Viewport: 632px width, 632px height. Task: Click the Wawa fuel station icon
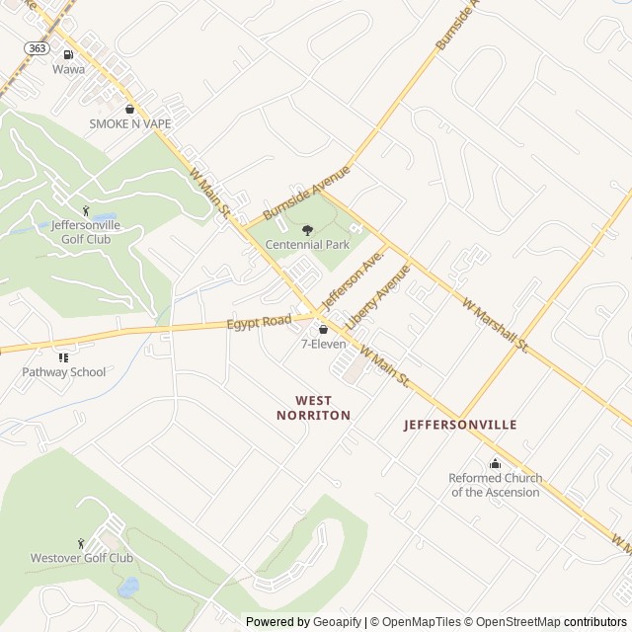(x=68, y=55)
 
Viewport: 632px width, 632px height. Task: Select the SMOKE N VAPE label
(x=130, y=123)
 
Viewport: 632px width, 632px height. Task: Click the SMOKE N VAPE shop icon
(x=130, y=109)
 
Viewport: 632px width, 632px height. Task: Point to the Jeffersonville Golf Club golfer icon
(x=85, y=210)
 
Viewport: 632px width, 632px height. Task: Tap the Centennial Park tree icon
(x=306, y=229)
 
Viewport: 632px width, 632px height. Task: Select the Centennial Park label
(x=307, y=244)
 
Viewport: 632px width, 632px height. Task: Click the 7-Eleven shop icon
(x=323, y=329)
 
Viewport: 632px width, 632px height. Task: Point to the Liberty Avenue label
(x=378, y=292)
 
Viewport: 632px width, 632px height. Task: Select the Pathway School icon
(x=64, y=357)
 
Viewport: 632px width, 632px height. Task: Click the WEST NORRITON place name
(x=323, y=408)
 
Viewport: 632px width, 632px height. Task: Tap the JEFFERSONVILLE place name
(x=460, y=425)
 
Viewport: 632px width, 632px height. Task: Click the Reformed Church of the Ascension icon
(x=496, y=464)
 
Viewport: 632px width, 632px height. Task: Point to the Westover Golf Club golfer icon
(x=81, y=543)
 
